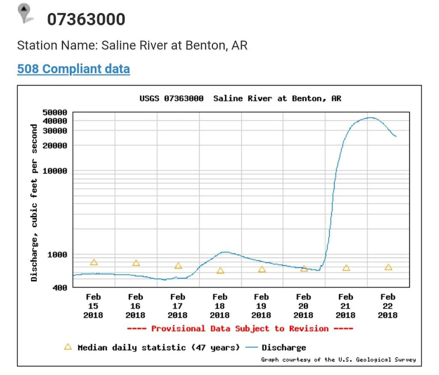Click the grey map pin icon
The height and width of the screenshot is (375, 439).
(x=25, y=13)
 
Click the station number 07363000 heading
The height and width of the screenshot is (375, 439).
(x=86, y=19)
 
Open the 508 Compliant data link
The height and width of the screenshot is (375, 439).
(x=73, y=69)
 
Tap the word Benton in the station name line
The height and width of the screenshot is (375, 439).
(x=204, y=45)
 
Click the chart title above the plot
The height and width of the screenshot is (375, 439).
(x=240, y=99)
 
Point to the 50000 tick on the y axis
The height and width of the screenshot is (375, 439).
(x=55, y=112)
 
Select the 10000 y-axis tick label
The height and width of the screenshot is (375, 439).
(x=55, y=171)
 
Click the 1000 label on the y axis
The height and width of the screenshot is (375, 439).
(x=57, y=255)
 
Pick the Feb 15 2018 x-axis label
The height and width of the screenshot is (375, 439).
(x=93, y=306)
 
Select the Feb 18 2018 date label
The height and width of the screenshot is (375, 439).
(x=219, y=306)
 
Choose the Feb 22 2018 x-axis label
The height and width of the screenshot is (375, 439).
(x=388, y=306)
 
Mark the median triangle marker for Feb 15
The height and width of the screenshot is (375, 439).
(x=94, y=262)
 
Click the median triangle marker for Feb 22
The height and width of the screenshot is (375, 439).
(x=388, y=267)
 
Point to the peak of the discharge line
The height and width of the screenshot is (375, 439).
(x=370, y=117)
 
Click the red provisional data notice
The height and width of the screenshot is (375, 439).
(x=240, y=329)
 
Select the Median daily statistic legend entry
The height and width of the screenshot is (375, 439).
(x=152, y=347)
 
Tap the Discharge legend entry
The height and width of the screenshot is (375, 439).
(x=283, y=347)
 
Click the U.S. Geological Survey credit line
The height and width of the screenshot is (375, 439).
(x=338, y=359)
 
